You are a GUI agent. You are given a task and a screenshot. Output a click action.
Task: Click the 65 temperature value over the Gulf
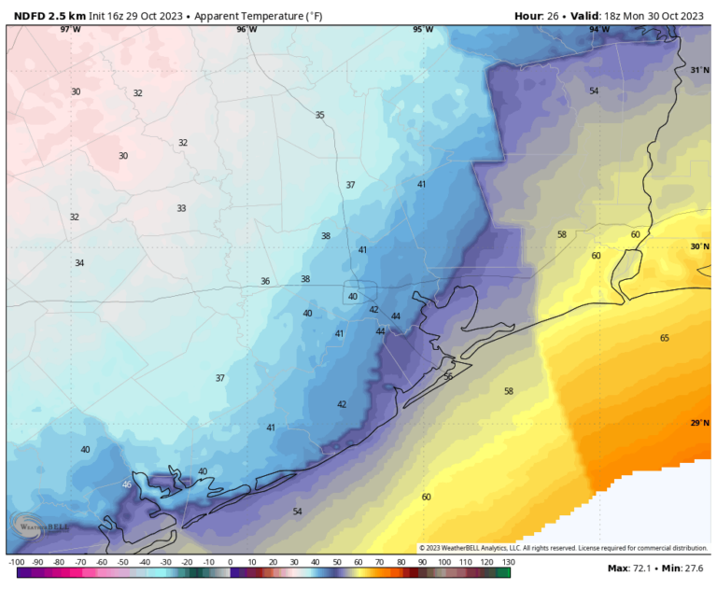tap(665, 338)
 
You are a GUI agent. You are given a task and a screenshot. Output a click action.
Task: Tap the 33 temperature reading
tap(181, 208)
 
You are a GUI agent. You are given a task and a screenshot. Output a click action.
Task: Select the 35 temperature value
tap(319, 115)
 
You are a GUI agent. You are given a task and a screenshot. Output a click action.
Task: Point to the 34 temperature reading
tap(79, 263)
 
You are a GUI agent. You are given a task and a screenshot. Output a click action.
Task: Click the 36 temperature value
tap(265, 281)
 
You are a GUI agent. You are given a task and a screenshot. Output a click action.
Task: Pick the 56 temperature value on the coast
tap(448, 376)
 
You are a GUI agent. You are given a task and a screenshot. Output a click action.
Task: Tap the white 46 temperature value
tap(127, 484)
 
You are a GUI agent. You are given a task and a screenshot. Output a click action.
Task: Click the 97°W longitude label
tap(70, 30)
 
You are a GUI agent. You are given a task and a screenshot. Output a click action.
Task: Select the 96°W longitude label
tap(246, 30)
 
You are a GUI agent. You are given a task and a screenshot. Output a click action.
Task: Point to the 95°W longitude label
tap(423, 30)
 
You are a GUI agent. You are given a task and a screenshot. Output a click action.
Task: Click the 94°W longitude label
tap(599, 30)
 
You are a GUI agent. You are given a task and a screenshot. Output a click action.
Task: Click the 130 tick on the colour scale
tap(508, 561)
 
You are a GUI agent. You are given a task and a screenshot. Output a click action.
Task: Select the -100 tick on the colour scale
tap(16, 561)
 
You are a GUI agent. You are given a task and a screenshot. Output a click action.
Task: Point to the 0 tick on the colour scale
tap(230, 561)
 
